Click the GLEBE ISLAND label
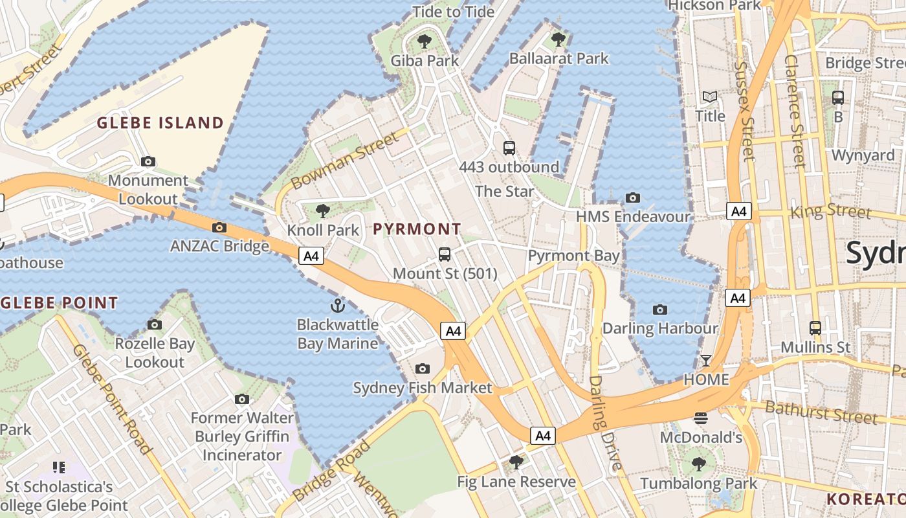pos(160,123)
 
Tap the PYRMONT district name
pos(417,229)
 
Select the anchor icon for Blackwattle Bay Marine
pos(337,305)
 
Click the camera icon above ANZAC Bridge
pos(219,227)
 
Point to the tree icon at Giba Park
pos(425,42)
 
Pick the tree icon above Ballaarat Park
pos(558,39)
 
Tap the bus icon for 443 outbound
pos(509,148)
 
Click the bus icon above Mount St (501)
pos(445,254)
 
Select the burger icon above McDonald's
pos(700,418)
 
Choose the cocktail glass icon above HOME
pos(706,360)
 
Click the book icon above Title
pos(710,97)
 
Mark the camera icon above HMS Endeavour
pos(633,197)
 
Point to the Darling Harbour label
pos(660,328)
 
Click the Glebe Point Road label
pos(112,399)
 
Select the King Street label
pos(831,211)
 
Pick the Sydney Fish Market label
pos(422,388)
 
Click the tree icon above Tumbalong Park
pos(698,464)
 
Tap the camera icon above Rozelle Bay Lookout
pos(155,324)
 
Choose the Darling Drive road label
pos(604,423)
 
